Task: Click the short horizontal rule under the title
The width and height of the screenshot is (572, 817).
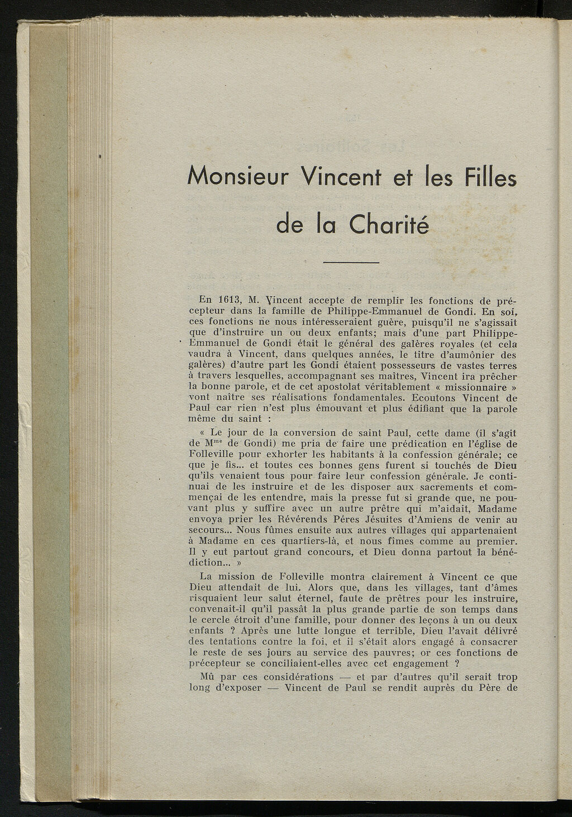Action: (351, 263)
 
